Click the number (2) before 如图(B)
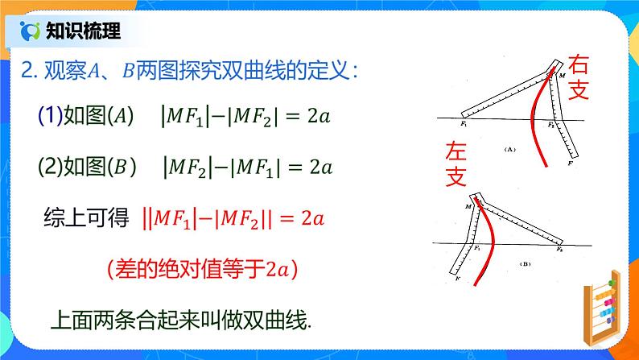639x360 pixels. click(x=49, y=167)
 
